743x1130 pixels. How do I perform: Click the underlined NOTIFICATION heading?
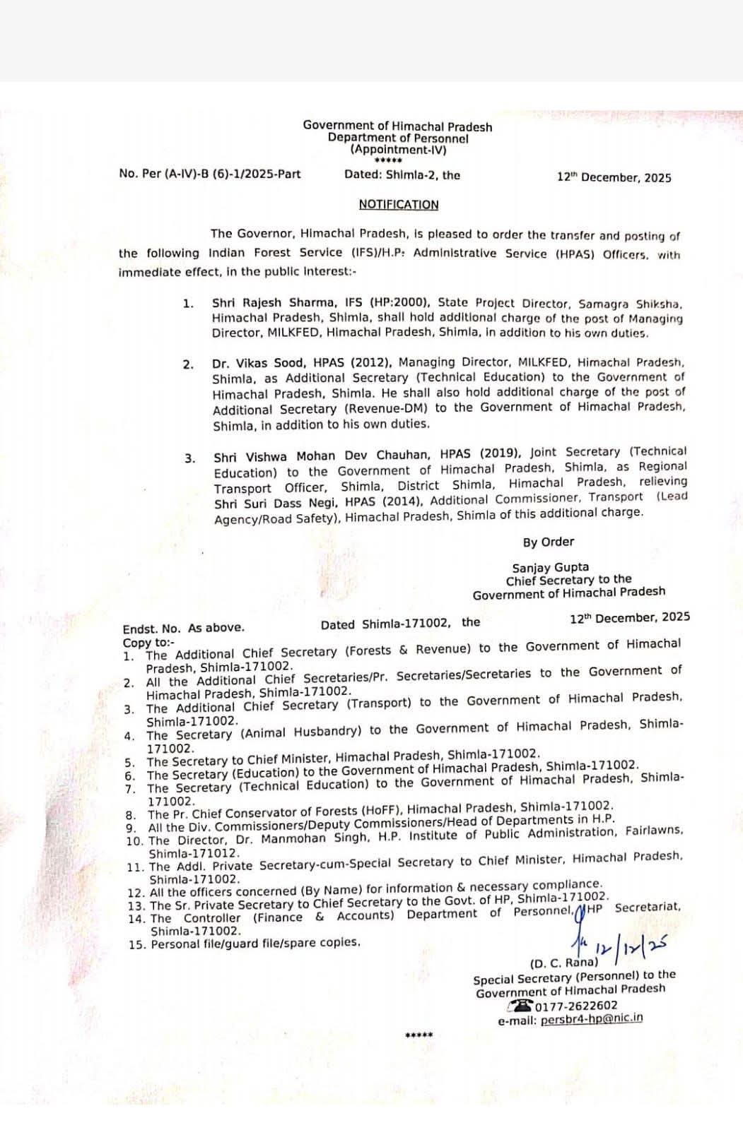[x=398, y=205]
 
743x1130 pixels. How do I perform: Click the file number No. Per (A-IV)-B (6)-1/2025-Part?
[x=210, y=174]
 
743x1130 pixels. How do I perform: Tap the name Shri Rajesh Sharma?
[x=262, y=303]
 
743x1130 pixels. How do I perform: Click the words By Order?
[x=548, y=542]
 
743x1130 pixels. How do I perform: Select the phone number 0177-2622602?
[x=576, y=1006]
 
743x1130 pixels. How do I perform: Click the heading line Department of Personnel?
[x=397, y=138]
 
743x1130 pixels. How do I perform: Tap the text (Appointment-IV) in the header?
[x=398, y=150]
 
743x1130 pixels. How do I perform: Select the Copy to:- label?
[x=146, y=643]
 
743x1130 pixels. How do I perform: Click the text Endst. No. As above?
[x=183, y=628]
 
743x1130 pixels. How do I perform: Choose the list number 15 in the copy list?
[x=136, y=944]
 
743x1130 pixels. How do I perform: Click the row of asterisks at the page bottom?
[x=419, y=1036]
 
